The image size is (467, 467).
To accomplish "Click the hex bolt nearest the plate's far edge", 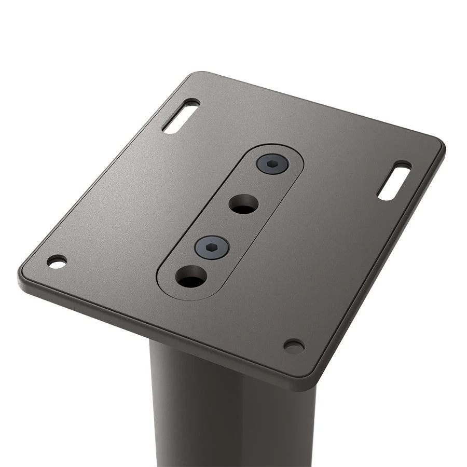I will point(272,164).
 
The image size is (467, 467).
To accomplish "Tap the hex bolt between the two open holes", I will point(212,247).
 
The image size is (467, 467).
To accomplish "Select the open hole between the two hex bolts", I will point(243,204).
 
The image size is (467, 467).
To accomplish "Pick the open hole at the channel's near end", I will point(191,277).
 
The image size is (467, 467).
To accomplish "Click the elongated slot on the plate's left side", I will point(181,116).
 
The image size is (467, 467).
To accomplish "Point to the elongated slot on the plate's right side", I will point(394,181).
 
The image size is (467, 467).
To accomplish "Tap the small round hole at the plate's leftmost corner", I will point(57,262).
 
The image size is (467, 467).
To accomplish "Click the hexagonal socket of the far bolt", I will point(272,163).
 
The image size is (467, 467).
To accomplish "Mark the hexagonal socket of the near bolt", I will point(212,248).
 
